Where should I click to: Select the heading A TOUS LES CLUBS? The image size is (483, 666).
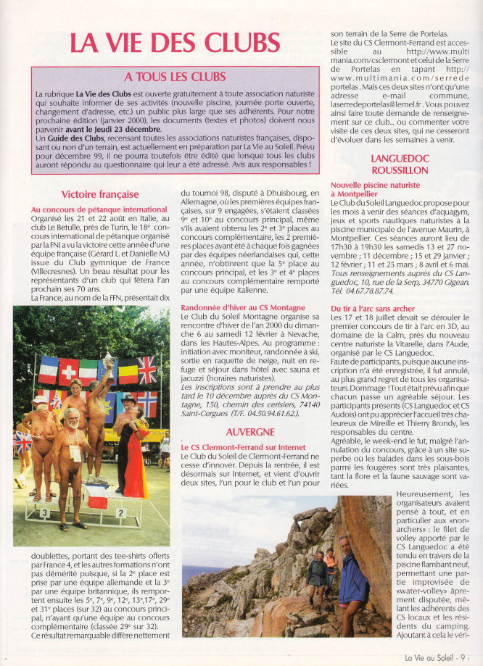coord(175,76)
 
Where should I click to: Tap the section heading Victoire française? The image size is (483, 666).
coord(100,194)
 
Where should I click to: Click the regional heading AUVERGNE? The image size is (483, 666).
coord(249,432)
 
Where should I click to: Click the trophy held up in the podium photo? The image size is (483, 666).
coord(107,360)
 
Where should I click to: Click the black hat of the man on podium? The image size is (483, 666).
coord(129,400)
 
